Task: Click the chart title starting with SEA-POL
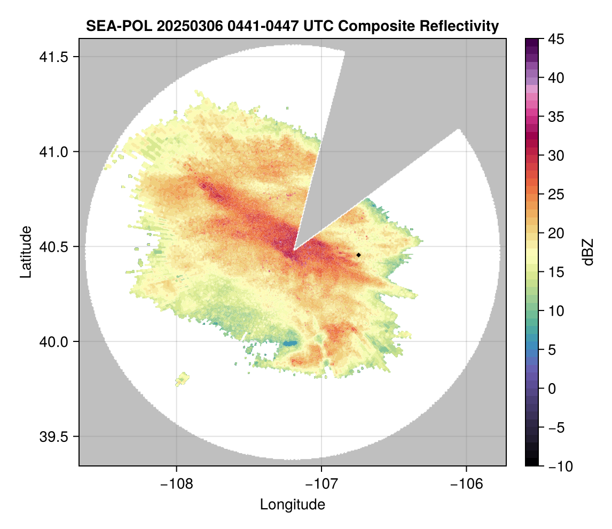[292, 26]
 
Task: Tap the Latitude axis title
[25, 252]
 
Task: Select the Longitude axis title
[292, 504]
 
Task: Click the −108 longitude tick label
[176, 484]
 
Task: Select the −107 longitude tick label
[321, 484]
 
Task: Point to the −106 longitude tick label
[467, 484]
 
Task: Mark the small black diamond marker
[359, 255]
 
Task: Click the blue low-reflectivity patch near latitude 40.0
[290, 343]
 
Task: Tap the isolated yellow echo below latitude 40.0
[183, 379]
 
